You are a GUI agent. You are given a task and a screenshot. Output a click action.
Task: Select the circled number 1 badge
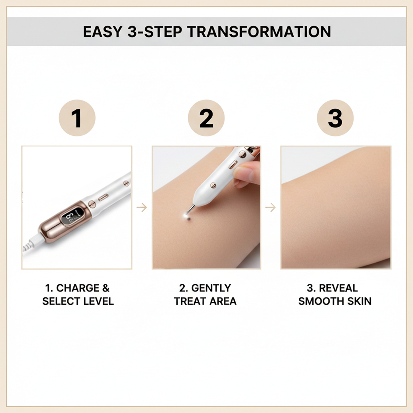tap(77, 119)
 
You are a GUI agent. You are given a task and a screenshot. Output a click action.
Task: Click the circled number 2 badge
tap(206, 119)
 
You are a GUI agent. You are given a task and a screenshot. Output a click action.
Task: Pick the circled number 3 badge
tap(335, 119)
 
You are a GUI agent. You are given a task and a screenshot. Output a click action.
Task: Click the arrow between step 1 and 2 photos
tap(142, 208)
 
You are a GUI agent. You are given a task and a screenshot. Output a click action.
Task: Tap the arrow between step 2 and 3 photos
tap(271, 208)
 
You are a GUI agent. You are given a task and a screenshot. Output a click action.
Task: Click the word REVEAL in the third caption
tap(338, 288)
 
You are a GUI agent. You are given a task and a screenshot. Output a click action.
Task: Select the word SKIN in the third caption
tap(358, 301)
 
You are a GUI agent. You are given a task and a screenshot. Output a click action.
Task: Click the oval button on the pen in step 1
tap(103, 198)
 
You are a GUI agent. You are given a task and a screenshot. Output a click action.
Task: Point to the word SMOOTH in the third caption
tap(320, 301)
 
